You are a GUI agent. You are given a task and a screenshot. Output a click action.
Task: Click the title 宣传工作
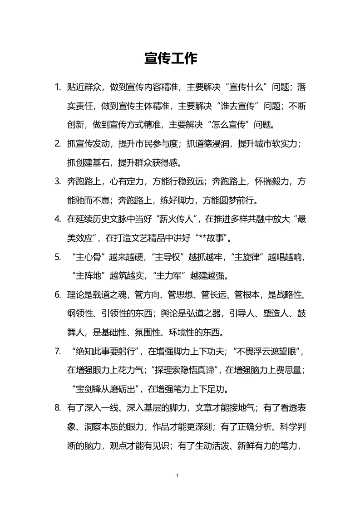(x=171, y=59)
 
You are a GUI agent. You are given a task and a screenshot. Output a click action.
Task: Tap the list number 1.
(x=57, y=87)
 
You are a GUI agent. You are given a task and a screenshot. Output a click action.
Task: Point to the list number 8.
(x=57, y=408)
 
